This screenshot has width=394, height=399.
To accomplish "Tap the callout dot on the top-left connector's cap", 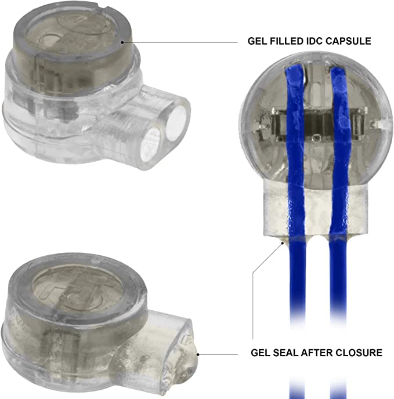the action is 122,42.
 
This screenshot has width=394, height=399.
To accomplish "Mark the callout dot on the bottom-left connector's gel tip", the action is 198,354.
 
